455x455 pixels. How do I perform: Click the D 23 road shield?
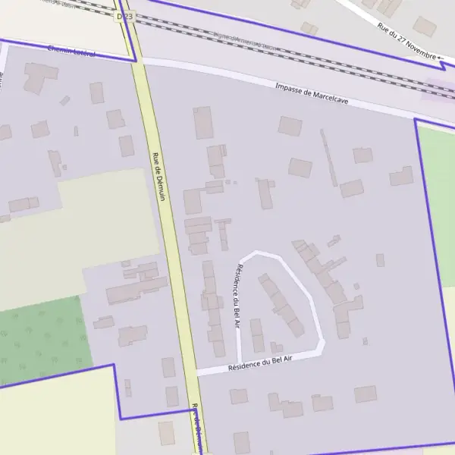pyautogui.click(x=125, y=15)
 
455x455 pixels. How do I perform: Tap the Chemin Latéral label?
pyautogui.click(x=72, y=51)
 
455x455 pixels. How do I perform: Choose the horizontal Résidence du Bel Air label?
pyautogui.click(x=260, y=366)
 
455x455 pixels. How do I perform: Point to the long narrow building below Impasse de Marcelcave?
pyautogui.click(x=328, y=157)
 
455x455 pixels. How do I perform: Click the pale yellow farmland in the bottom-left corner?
pyautogui.click(x=53, y=417)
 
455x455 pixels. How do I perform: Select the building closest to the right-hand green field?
pyautogui.click(x=401, y=177)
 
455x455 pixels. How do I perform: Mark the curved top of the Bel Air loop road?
pyautogui.click(x=265, y=253)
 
